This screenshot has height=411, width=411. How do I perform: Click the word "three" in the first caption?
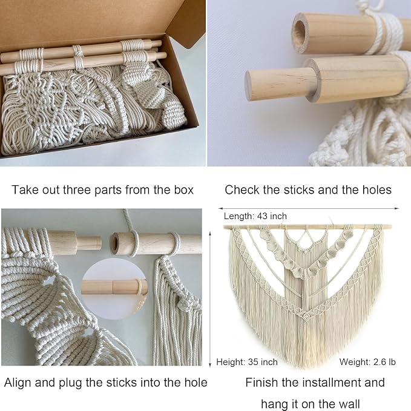pos(77,190)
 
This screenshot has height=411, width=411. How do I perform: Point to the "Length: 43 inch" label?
pos(255,216)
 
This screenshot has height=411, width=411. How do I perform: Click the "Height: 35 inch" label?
pos(247,362)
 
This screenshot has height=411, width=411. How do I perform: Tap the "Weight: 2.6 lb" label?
pos(367,362)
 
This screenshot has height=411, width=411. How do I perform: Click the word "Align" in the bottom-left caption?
pos(18,383)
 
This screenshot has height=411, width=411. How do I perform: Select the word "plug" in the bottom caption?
pos(71,383)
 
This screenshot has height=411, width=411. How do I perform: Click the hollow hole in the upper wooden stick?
pos(300,33)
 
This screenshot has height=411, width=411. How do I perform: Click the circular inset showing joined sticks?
pos(114,289)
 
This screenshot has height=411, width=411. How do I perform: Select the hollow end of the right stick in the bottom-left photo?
pos(114,243)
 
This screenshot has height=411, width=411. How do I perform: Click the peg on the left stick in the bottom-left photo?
pos(88,243)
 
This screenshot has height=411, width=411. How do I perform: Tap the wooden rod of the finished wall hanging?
pos(307,227)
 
